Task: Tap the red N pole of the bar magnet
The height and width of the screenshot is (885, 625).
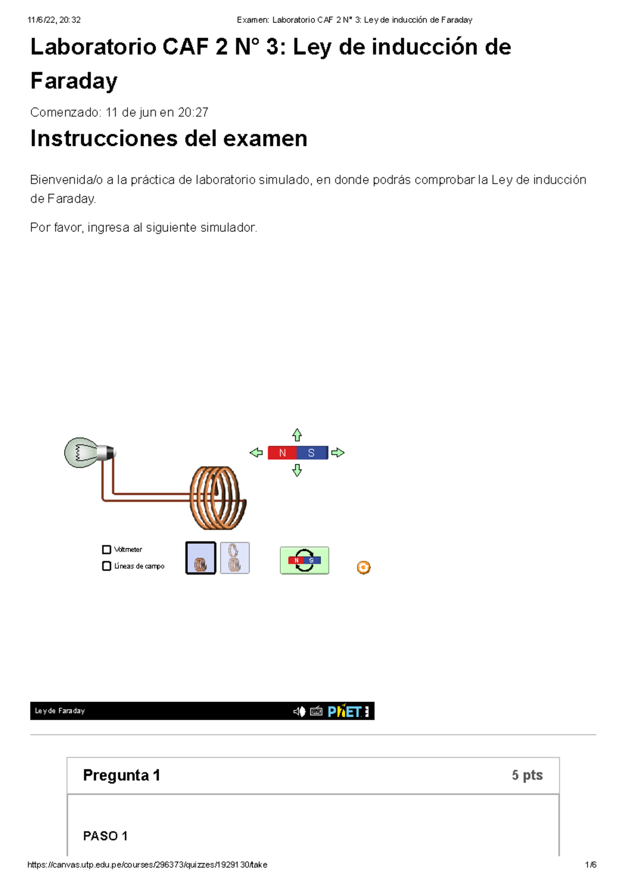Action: [282, 453]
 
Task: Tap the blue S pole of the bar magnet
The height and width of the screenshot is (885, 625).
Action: [311, 453]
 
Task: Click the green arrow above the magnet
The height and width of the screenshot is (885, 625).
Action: [297, 435]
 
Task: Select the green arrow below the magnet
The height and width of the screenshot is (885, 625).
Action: [297, 471]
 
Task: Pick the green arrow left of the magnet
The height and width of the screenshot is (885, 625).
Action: [256, 453]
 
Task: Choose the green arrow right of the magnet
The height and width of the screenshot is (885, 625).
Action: [338, 453]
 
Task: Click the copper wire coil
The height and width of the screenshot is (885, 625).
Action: [218, 498]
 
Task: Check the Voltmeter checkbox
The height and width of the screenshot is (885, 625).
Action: [107, 549]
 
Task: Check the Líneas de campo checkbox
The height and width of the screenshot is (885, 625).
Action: [107, 566]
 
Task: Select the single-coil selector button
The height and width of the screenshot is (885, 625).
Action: [201, 558]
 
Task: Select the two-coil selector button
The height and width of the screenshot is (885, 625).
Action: [235, 558]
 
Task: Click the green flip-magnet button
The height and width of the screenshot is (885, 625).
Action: [304, 561]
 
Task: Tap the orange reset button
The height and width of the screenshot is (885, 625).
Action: [364, 568]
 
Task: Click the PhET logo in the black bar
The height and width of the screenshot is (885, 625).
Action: [344, 711]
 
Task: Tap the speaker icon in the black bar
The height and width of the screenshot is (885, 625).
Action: [299, 711]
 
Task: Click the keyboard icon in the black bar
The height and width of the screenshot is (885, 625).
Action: [316, 711]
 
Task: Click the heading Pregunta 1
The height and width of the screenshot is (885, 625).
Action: [121, 776]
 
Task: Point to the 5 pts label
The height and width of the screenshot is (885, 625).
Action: [527, 776]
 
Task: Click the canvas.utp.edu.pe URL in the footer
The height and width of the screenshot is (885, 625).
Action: [147, 865]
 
